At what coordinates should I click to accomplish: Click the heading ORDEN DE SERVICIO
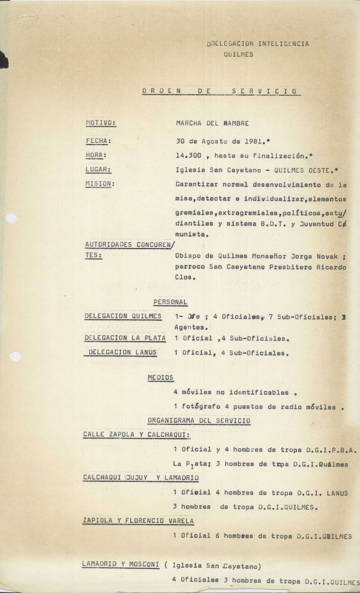point(220,91)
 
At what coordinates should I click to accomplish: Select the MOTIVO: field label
point(100,123)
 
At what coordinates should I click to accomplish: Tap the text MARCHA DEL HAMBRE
point(205,123)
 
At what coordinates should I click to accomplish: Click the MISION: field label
point(100,183)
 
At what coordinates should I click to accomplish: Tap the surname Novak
point(328,256)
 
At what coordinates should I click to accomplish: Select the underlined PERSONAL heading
point(170,302)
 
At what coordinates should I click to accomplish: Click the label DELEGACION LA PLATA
point(125,338)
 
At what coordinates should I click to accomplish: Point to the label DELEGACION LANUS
point(122,352)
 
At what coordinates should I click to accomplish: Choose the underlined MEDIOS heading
point(160,377)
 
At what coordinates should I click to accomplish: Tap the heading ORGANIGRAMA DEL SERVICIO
point(199,421)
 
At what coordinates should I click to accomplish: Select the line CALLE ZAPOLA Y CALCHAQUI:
point(136,434)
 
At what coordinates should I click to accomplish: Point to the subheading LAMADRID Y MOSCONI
point(120,563)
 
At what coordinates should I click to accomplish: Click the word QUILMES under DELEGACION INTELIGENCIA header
point(238,55)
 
